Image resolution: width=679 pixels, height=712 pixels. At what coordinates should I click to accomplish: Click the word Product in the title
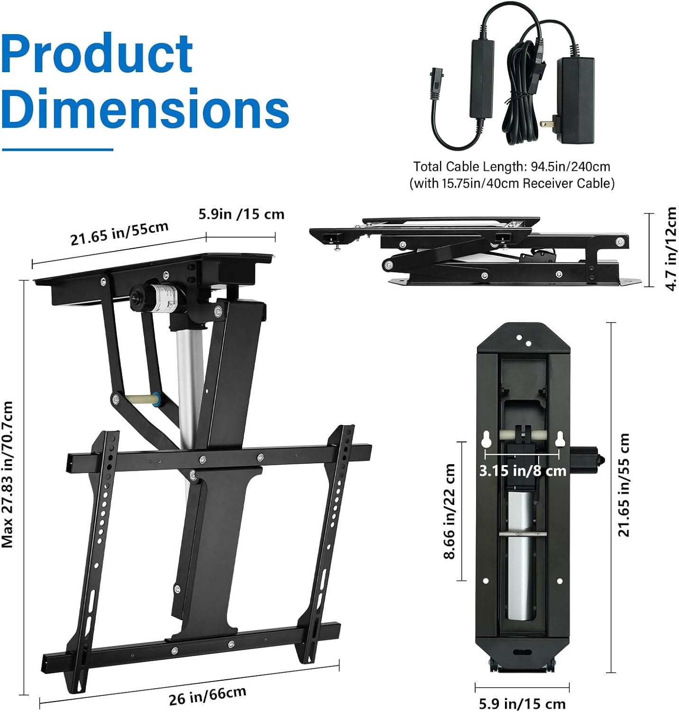pyautogui.click(x=97, y=55)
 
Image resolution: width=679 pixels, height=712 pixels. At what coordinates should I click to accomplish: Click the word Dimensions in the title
pyautogui.click(x=145, y=108)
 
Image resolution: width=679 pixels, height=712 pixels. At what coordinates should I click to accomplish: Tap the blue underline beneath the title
pyautogui.click(x=57, y=150)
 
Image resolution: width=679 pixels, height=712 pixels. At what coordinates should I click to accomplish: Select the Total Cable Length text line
pyautogui.click(x=512, y=167)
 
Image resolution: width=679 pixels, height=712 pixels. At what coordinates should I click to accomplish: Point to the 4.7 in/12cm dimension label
pyautogui.click(x=670, y=249)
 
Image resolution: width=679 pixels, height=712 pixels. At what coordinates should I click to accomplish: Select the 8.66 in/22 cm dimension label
pyautogui.click(x=450, y=511)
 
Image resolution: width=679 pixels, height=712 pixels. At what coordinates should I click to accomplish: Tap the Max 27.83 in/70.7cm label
pyautogui.click(x=8, y=474)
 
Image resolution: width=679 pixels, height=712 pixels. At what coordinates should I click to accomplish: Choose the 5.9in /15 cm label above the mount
pyautogui.click(x=241, y=214)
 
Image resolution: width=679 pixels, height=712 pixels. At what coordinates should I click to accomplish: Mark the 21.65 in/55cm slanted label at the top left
pyautogui.click(x=119, y=233)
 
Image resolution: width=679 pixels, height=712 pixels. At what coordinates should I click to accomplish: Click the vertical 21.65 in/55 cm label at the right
pyautogui.click(x=624, y=485)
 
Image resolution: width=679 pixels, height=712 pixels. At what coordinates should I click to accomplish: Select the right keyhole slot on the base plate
pyautogui.click(x=559, y=440)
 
